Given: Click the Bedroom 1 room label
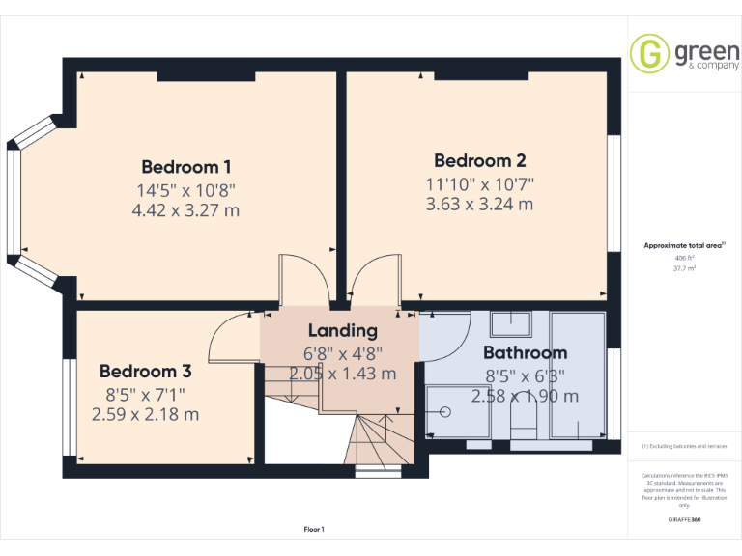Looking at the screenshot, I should pos(186,166).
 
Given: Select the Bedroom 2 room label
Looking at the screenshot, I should pos(479,160).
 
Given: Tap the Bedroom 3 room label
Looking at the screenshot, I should pos(145,371).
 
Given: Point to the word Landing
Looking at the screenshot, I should pos(343,331).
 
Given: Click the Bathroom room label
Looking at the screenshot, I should pos(525,352).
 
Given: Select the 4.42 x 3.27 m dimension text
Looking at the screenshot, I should pos(186,209).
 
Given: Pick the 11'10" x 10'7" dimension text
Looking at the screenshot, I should pos(479,182).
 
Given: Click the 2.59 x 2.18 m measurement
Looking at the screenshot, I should pos(145,414).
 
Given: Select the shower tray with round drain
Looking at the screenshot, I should pos(449,411).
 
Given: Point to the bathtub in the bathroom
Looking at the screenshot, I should pos(579,375).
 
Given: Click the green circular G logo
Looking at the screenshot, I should pos(649,54).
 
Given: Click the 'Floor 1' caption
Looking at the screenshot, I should pos(314,529).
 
